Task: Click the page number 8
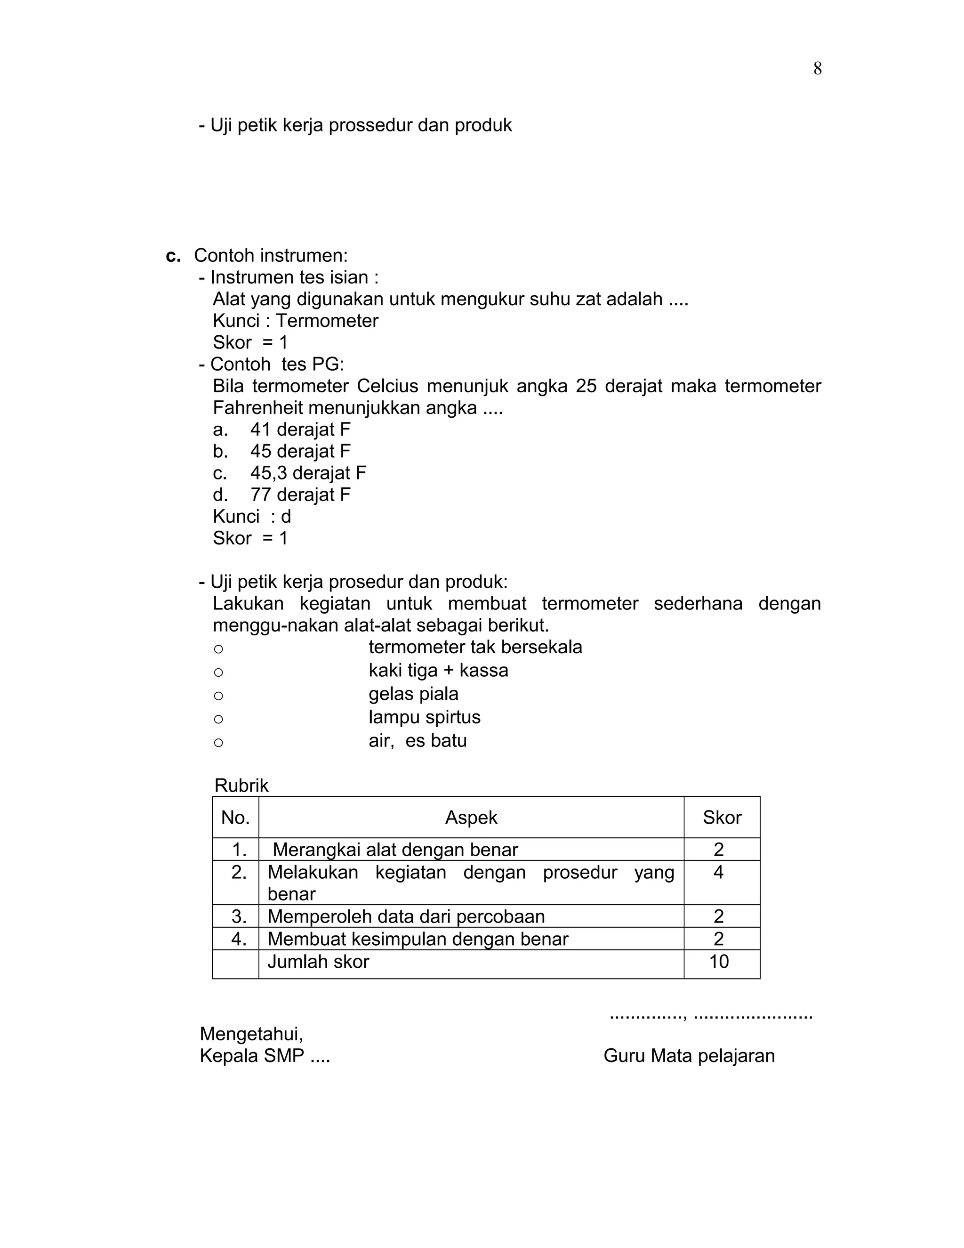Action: click(817, 69)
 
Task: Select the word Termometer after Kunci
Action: click(327, 321)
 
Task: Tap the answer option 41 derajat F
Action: click(300, 429)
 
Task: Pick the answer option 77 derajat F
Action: click(300, 494)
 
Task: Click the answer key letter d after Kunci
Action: click(286, 517)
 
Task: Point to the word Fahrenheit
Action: click(257, 408)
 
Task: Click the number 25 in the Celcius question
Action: click(586, 386)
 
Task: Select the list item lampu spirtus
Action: click(424, 717)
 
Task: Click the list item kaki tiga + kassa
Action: click(438, 670)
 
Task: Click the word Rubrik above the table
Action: click(241, 785)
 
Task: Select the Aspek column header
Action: click(471, 818)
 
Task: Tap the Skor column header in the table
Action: click(722, 818)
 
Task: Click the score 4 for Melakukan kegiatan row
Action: click(718, 872)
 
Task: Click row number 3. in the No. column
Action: click(239, 916)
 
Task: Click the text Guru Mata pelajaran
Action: click(689, 1055)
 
